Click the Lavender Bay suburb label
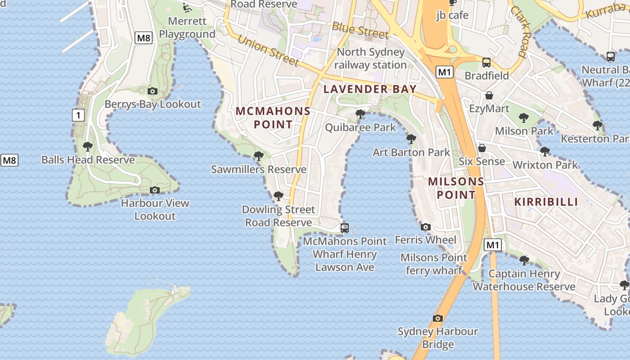point(370,89)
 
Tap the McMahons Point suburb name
point(273,117)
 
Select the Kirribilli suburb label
point(546,202)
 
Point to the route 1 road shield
point(78,115)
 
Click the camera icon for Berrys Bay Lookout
point(153,91)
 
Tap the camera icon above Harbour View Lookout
point(155,190)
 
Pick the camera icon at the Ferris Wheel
point(426,227)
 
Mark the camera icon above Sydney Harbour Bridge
point(438,319)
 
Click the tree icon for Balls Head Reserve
point(88,146)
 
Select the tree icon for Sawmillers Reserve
point(259,156)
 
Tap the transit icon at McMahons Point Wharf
point(345,228)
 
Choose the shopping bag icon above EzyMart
point(489,95)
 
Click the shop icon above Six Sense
point(482,148)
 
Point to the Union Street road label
point(268,50)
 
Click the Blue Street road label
point(360,30)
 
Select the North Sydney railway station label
point(370,58)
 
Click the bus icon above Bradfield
point(486,63)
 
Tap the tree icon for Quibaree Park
point(360,114)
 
